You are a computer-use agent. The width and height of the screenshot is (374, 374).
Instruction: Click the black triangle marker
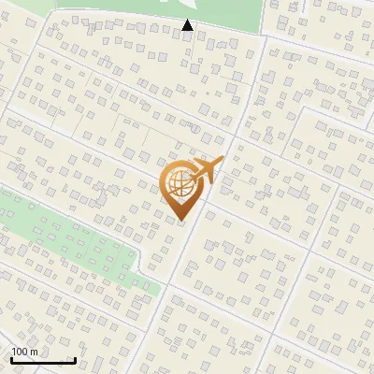[188, 25]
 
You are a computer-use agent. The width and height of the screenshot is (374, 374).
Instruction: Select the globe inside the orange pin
[180, 185]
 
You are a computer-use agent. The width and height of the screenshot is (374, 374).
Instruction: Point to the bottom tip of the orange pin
[181, 220]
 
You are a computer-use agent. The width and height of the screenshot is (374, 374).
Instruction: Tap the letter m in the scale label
[35, 352]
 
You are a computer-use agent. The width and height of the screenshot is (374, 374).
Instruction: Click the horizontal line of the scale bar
[43, 361]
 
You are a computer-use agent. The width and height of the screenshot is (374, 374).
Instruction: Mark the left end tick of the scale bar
[11, 359]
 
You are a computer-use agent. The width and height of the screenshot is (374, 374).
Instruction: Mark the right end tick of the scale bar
[75, 359]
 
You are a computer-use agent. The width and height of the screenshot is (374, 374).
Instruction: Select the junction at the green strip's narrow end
[161, 296]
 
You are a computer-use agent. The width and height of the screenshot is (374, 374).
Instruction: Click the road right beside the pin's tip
[191, 224]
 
